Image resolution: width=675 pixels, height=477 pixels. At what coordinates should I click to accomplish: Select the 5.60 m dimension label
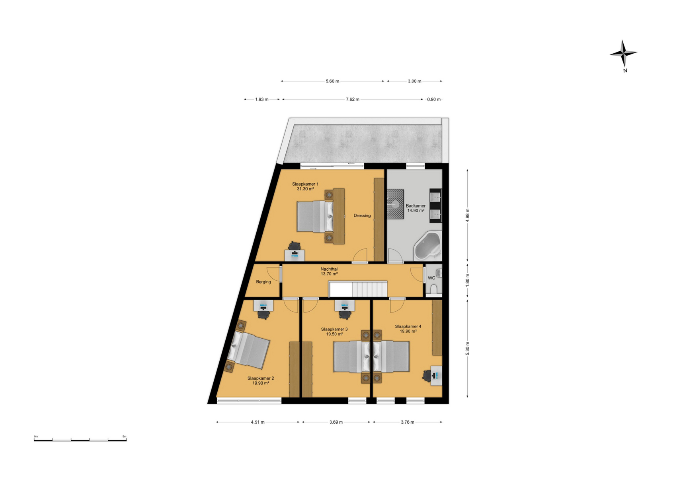332,81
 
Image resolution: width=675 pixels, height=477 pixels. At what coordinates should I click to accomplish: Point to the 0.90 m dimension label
434,99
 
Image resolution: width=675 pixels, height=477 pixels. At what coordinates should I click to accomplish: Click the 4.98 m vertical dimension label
467,215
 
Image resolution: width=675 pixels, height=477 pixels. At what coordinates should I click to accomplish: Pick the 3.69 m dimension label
336,422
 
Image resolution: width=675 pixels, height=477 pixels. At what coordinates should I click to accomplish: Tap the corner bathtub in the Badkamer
427,246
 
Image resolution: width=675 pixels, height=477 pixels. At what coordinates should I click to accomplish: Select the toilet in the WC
434,289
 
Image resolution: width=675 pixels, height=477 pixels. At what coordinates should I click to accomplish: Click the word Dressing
362,215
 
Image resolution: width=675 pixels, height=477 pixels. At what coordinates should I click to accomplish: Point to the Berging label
263,282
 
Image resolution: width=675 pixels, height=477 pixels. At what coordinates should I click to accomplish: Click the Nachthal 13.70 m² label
329,271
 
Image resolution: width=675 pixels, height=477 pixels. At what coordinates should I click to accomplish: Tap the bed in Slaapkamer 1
315,217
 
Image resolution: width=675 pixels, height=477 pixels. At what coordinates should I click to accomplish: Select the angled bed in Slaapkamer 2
248,350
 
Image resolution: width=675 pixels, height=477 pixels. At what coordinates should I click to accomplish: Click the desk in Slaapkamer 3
345,305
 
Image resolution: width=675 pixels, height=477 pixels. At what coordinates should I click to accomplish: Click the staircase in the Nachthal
358,289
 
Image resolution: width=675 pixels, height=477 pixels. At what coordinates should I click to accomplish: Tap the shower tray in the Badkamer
395,204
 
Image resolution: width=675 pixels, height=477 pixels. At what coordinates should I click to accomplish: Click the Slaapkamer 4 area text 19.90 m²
408,332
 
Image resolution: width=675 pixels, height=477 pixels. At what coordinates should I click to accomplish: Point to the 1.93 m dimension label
262,99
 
